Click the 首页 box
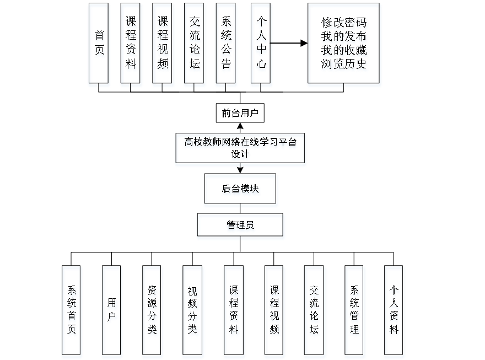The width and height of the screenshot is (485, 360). tap(99, 45)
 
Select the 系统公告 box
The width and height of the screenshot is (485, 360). tap(227, 45)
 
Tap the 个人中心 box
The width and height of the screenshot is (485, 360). tap(261, 45)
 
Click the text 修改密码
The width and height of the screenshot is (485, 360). tap(344, 24)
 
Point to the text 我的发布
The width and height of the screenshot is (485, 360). tap(344, 37)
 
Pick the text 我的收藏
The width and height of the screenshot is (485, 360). tap(344, 51)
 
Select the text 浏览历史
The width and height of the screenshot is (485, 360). tap(344, 64)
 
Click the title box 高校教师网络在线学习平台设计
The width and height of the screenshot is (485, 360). tap(240, 149)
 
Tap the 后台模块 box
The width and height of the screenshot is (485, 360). tap(241, 190)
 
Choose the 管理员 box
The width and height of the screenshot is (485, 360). tap(241, 226)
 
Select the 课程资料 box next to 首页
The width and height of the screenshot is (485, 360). tap(132, 45)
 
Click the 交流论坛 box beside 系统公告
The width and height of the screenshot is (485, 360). tap(195, 45)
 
